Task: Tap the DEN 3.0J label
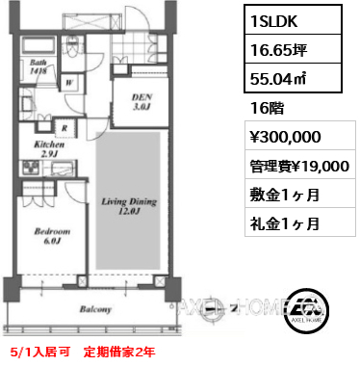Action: (141, 101)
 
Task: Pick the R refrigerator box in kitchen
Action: (64, 128)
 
